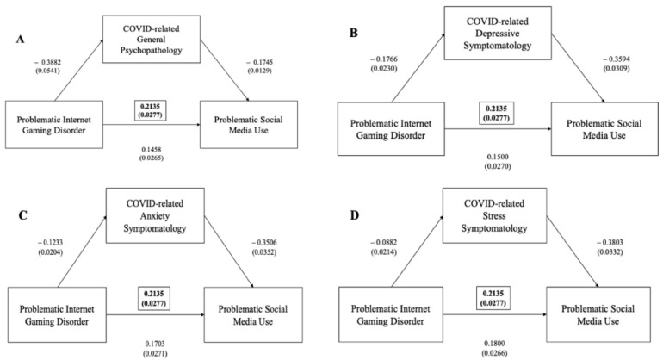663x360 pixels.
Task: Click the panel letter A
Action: point(21,40)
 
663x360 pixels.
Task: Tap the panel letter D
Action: point(355,215)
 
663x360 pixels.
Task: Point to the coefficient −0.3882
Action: point(47,62)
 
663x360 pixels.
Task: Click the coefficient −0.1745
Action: point(260,62)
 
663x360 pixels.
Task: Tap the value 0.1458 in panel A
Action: point(152,149)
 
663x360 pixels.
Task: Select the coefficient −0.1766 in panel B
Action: point(384,59)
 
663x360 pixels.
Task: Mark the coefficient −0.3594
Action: point(616,59)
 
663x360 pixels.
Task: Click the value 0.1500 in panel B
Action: point(498,157)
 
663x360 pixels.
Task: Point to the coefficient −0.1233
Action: point(50,243)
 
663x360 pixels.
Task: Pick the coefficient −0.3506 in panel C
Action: point(263,243)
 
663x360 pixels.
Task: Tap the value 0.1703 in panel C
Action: point(155,344)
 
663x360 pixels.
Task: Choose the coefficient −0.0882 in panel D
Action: point(384,243)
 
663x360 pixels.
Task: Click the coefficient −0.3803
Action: point(610,242)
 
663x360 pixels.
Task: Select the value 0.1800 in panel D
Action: point(494,344)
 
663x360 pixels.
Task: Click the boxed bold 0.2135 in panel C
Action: point(154,294)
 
